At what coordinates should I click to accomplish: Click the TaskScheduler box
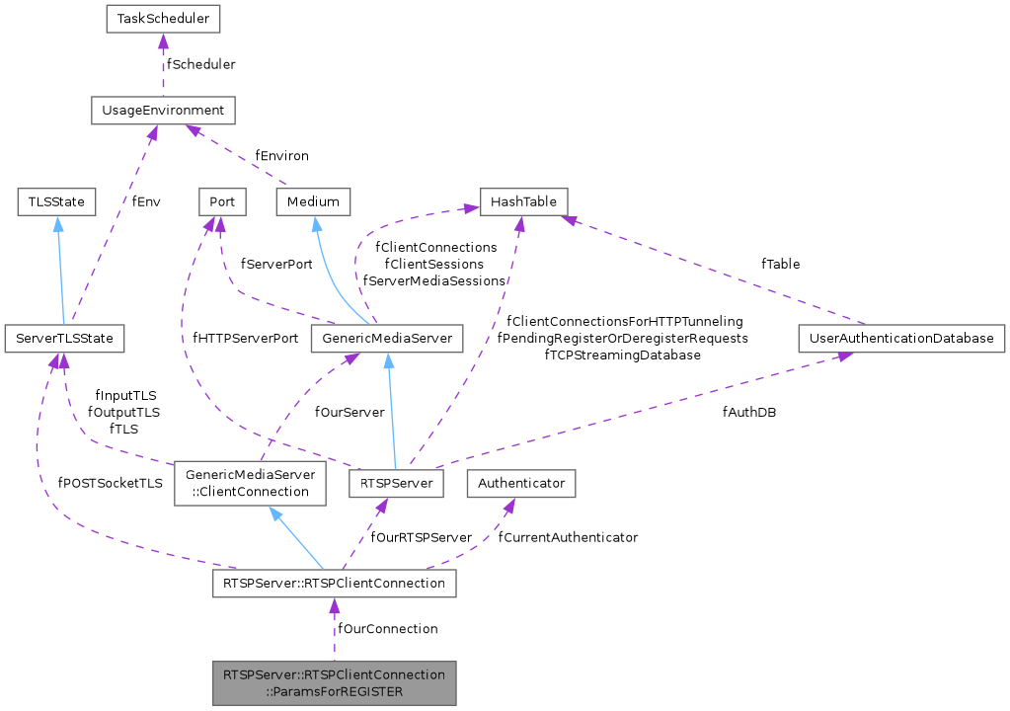[x=164, y=18]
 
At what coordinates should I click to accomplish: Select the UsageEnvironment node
[x=163, y=110]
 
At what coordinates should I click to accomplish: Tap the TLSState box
[x=56, y=201]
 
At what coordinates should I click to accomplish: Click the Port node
[x=221, y=201]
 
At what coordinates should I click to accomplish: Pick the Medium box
[x=313, y=201]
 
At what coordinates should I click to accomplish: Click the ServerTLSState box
[x=64, y=339]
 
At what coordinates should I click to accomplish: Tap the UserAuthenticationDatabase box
[x=900, y=339]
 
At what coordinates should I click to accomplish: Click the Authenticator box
[x=521, y=484]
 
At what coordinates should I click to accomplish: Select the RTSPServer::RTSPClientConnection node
[x=334, y=585]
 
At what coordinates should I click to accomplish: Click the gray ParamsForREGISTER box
[x=334, y=682]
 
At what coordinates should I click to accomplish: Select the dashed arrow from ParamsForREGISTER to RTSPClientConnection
[x=334, y=632]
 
